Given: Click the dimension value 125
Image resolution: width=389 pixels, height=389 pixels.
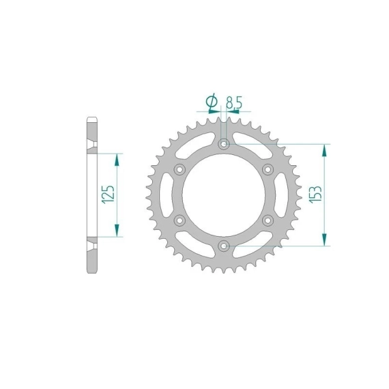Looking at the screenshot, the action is click(x=108, y=194).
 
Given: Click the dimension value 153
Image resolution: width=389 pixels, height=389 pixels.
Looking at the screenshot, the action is click(x=315, y=194).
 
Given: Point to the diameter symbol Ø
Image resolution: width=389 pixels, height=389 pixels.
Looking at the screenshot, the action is click(x=212, y=101).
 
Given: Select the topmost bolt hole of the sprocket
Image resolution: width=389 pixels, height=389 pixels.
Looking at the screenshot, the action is click(x=224, y=144).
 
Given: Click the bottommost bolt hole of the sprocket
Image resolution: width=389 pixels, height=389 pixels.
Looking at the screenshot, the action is click(x=224, y=246).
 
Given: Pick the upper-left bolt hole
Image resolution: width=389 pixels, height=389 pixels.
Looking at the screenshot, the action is click(x=179, y=170).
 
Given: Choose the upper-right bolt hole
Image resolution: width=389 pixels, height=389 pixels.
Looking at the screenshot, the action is click(x=268, y=170).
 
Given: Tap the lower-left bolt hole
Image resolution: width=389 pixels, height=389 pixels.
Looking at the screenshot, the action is click(x=179, y=220).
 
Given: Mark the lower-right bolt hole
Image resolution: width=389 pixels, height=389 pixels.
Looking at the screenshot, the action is click(x=268, y=220).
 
